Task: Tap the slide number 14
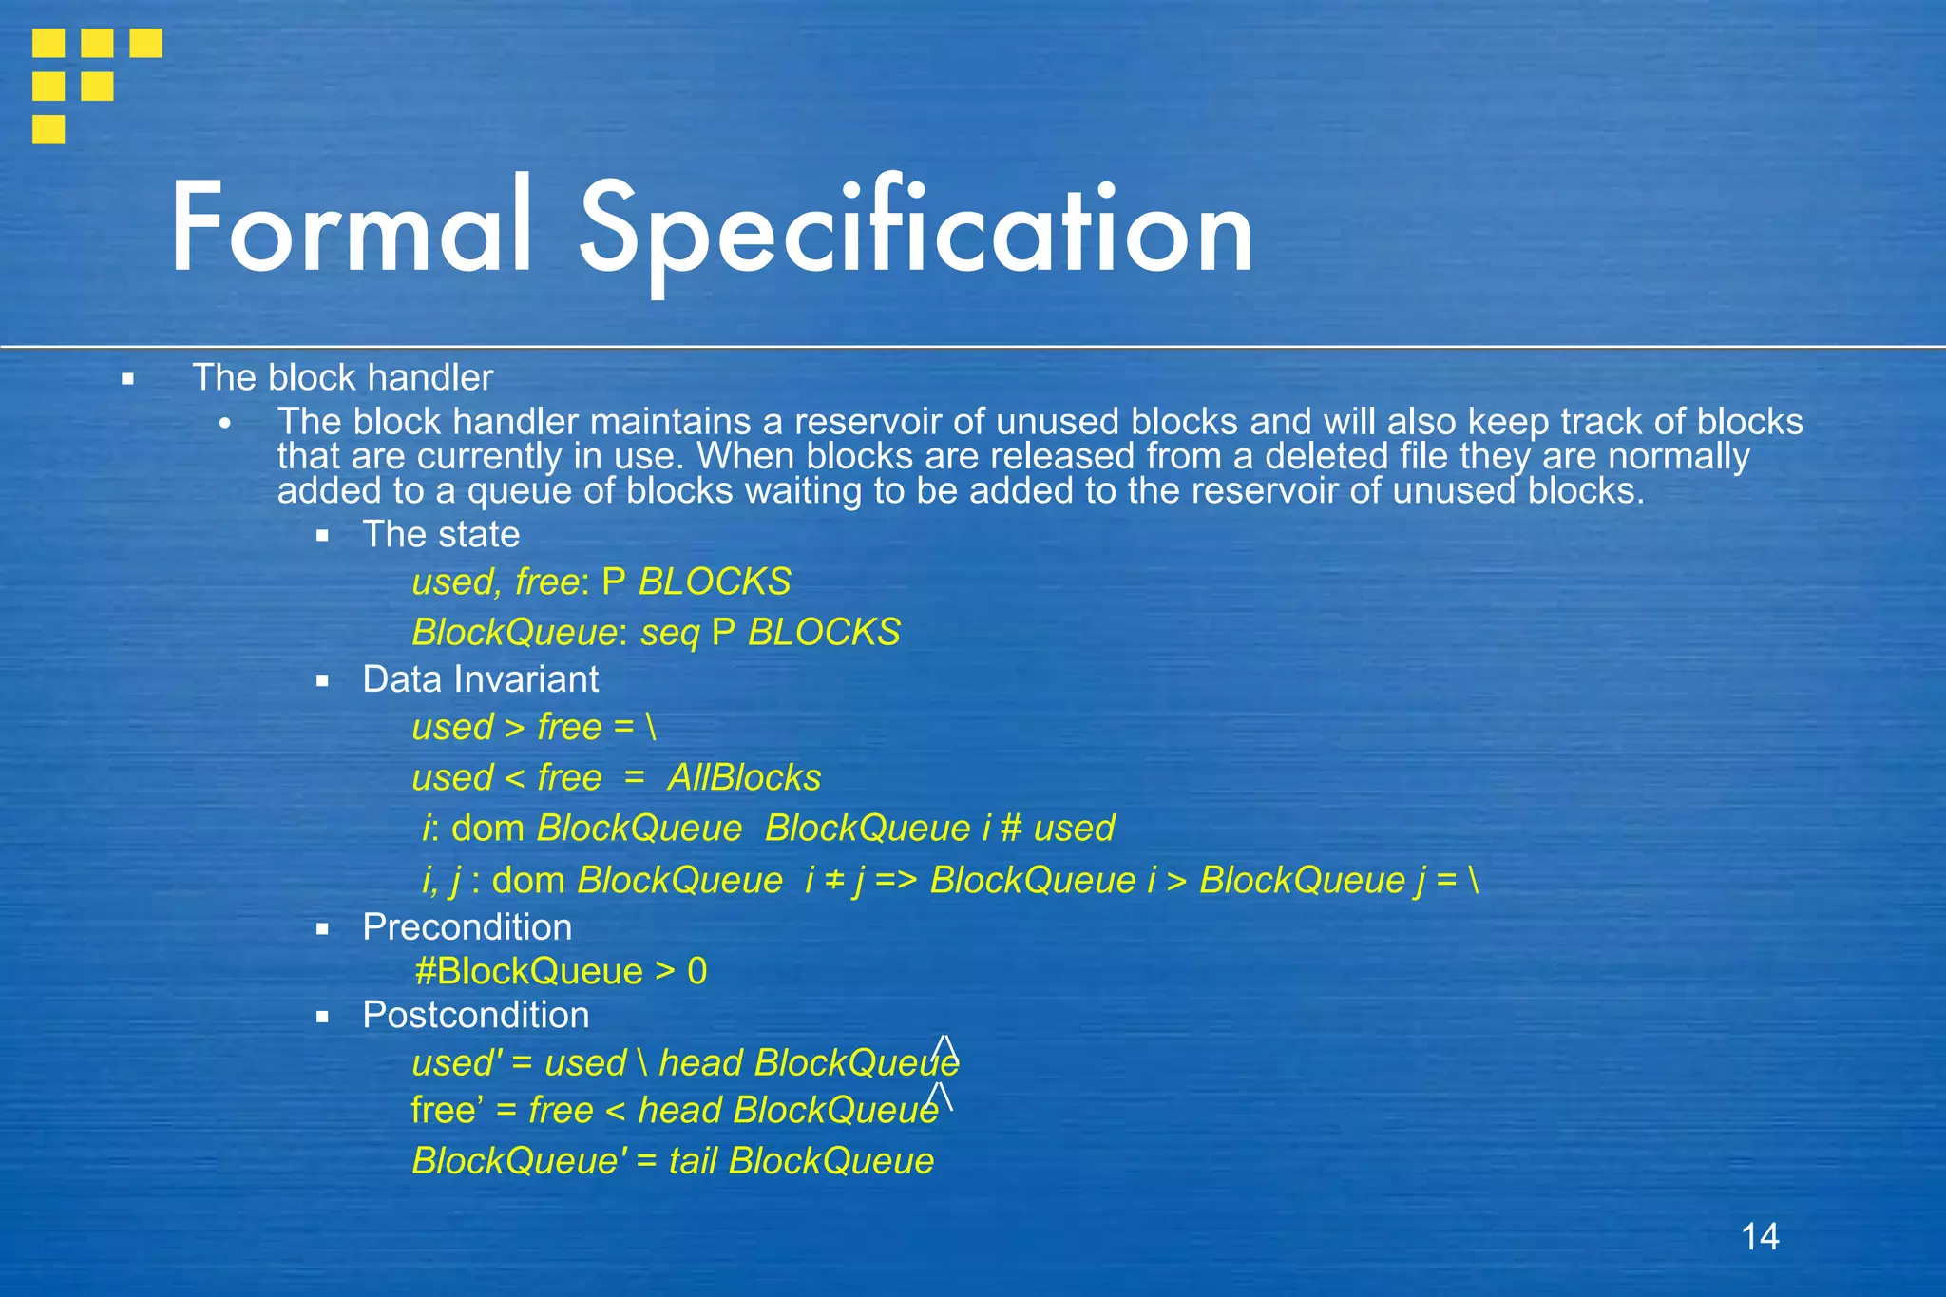pyautogui.click(x=1760, y=1236)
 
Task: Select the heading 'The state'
pyautogui.click(x=441, y=534)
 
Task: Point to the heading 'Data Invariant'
pyautogui.click(x=480, y=679)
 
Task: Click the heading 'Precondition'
pyautogui.click(x=467, y=927)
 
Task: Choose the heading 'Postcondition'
pyautogui.click(x=475, y=1015)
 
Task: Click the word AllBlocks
pyautogui.click(x=744, y=777)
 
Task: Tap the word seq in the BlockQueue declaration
pyautogui.click(x=670, y=633)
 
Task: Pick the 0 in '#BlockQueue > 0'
pyautogui.click(x=696, y=971)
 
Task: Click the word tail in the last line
pyautogui.click(x=693, y=1161)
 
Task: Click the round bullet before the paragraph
pyautogui.click(x=224, y=424)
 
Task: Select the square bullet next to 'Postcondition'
pyautogui.click(x=323, y=1017)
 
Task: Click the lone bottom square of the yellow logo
pyautogui.click(x=48, y=128)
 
